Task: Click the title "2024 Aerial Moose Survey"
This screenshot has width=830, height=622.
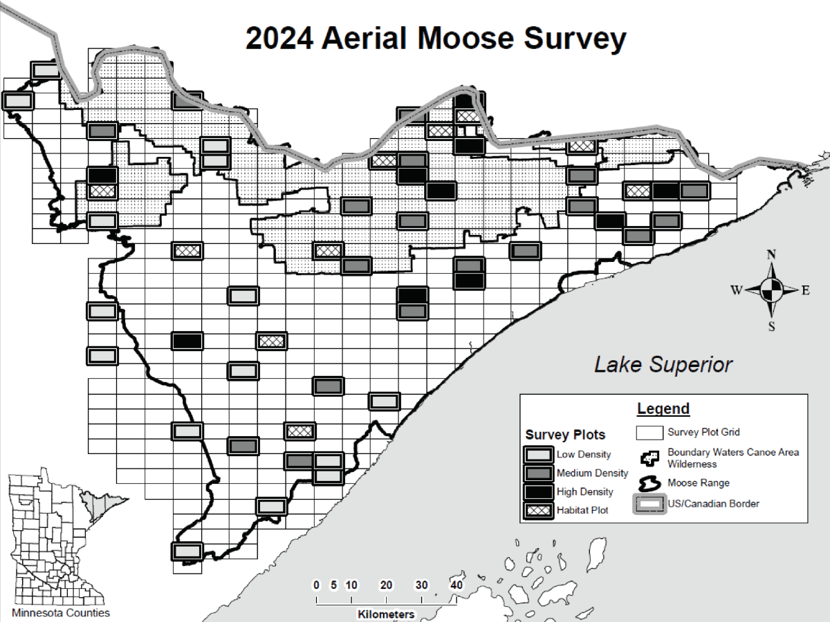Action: pyautogui.click(x=435, y=39)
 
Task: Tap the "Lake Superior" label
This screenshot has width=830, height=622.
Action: pyautogui.click(x=663, y=364)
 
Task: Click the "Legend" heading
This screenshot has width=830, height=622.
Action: pyautogui.click(x=663, y=408)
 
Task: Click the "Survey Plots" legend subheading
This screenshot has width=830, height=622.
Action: pyautogui.click(x=565, y=435)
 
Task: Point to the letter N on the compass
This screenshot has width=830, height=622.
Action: pyautogui.click(x=771, y=254)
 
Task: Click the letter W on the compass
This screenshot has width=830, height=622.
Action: pyautogui.click(x=736, y=290)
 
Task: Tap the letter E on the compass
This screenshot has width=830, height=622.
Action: pyautogui.click(x=805, y=290)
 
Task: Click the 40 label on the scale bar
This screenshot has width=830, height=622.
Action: pyautogui.click(x=456, y=585)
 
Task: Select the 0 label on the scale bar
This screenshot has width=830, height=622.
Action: pyautogui.click(x=316, y=585)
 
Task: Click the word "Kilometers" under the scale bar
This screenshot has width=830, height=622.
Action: pyautogui.click(x=386, y=614)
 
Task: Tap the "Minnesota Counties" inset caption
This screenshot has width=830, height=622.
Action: pyautogui.click(x=61, y=612)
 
